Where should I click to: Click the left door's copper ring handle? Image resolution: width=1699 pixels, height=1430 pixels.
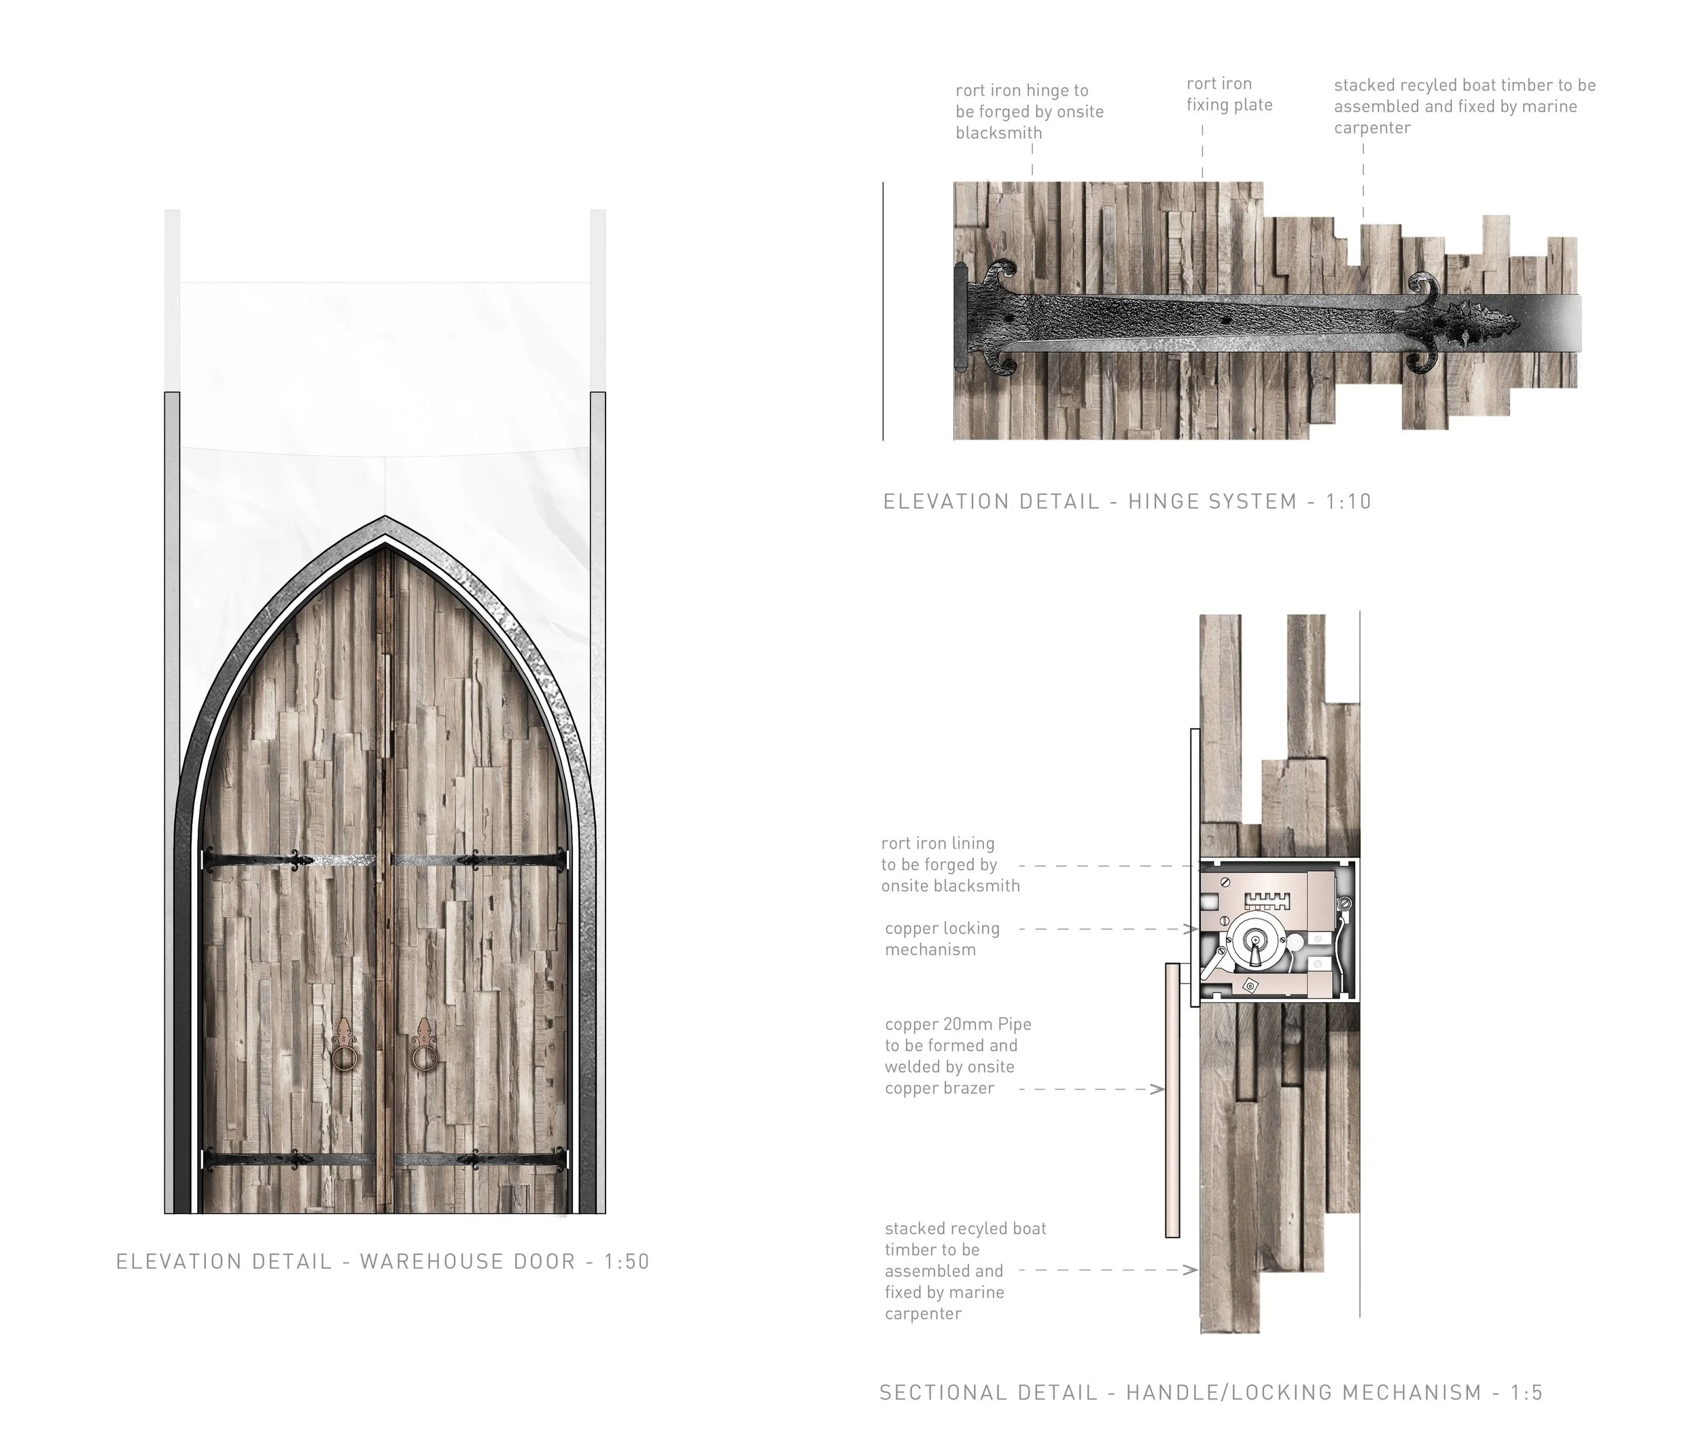click(344, 1058)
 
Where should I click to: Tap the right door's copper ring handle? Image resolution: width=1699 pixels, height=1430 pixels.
click(423, 1058)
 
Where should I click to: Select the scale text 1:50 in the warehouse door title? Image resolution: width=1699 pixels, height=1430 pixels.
click(627, 1262)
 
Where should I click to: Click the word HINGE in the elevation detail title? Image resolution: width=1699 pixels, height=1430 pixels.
click(1165, 502)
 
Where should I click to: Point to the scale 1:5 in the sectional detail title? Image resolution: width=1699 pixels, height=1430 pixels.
click(1526, 1393)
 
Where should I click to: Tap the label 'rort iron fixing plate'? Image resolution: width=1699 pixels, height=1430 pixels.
click(1229, 94)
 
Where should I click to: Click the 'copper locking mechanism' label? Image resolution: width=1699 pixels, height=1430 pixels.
click(941, 939)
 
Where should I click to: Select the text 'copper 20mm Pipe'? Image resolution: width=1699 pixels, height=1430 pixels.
click(958, 1024)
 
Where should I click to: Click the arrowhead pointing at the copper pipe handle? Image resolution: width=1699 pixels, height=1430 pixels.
click(1161, 1090)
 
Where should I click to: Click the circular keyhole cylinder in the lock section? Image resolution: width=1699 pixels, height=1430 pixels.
click(1255, 943)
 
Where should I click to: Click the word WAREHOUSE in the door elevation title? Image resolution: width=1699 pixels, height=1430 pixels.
click(468, 1262)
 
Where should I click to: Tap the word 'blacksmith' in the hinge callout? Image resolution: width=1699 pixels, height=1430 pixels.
click(998, 133)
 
